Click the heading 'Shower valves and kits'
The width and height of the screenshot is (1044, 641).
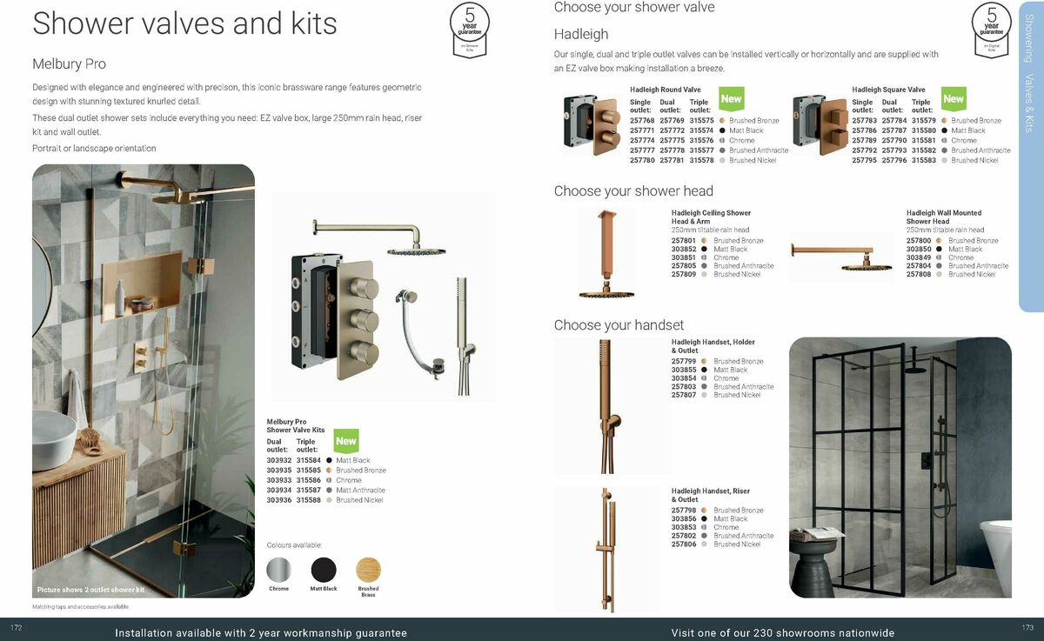coord(184,23)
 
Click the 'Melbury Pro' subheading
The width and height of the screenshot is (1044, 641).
coord(69,63)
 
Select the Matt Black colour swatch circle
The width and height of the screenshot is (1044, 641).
coord(324,570)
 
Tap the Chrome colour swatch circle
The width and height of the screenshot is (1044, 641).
coord(278,570)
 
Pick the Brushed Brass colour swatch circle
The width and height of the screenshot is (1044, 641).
coord(368,570)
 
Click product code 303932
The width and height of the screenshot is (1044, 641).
coord(278,460)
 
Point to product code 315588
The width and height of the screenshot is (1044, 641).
coord(309,500)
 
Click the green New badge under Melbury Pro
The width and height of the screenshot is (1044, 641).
coord(346,441)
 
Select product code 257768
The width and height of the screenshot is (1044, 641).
coord(642,121)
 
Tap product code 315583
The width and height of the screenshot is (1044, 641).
coord(924,160)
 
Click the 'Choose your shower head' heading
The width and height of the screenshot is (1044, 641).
coord(633,191)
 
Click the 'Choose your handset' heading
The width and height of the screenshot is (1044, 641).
coord(619,325)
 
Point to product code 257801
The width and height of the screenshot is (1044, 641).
coord(684,241)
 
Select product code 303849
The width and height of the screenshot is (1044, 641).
coord(918,257)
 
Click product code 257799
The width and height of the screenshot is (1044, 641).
coord(684,361)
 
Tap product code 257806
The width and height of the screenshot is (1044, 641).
coord(684,544)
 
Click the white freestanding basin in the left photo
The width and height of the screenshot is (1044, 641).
coord(54,440)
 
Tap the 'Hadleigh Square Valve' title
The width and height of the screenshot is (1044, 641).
coord(888,90)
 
